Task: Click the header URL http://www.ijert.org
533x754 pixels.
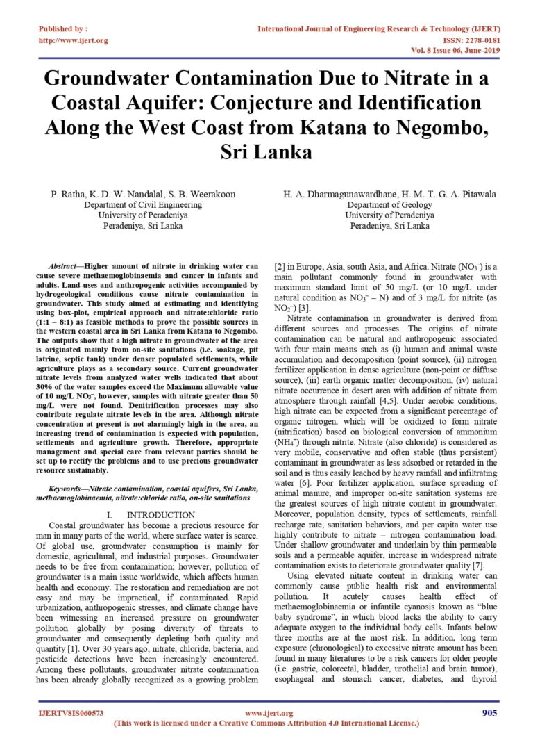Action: coord(73,40)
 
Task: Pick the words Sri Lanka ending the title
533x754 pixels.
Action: coord(266,152)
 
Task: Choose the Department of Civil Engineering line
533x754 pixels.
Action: coord(135,205)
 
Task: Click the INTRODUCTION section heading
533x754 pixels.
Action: coord(161,515)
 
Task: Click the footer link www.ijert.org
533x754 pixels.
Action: coord(269,714)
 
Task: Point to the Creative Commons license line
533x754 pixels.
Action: coord(266,723)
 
